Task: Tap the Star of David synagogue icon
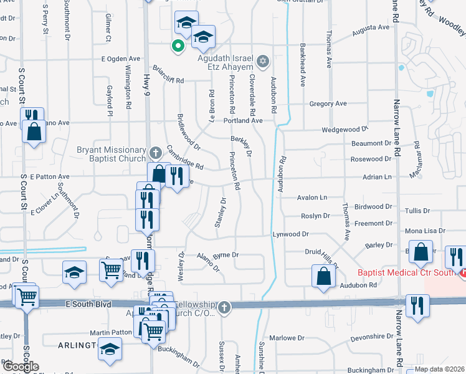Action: click(x=263, y=60)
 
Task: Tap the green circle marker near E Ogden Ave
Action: click(x=178, y=45)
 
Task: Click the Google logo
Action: click(x=20, y=367)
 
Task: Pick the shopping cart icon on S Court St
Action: click(x=27, y=297)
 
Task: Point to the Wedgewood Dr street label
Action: click(x=345, y=130)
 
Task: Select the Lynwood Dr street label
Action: click(x=290, y=234)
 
